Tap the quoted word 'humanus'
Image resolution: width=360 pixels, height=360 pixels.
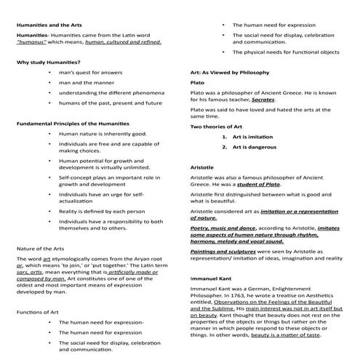(34, 42)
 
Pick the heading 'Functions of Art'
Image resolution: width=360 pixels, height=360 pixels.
(39, 311)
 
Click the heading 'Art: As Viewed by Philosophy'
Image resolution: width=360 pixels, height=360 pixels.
(229, 73)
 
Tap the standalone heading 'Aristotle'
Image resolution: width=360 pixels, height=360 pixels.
(204, 167)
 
